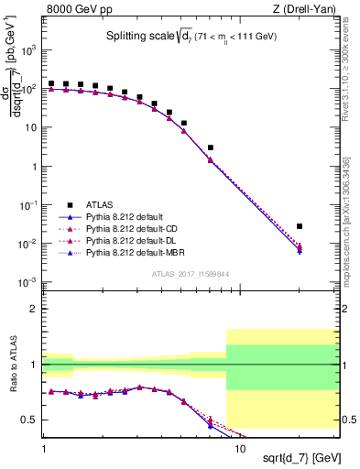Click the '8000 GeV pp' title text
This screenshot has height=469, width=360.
(72, 9)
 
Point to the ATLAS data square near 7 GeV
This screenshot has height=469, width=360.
(211, 147)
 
